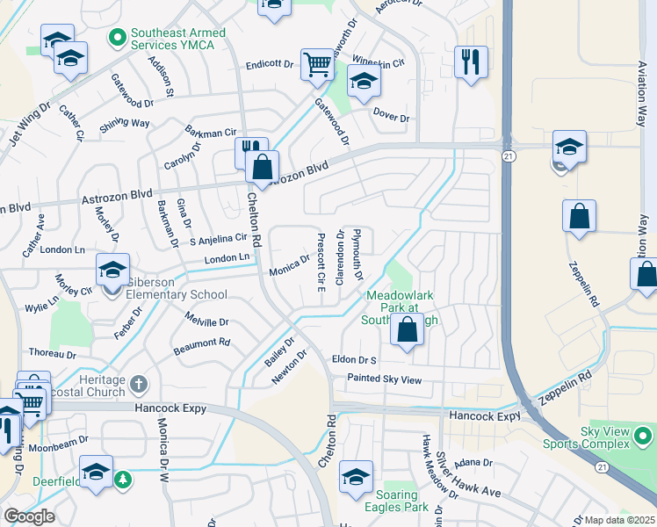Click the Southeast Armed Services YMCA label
178,39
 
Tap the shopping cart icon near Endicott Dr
317,63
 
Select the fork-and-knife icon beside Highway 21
472,61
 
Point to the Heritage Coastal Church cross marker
138,384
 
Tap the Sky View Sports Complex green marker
644,435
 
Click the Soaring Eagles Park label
397,501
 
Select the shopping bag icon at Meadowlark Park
407,331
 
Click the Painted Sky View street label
385,379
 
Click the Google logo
29,516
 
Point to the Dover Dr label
392,118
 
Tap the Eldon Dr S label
354,359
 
